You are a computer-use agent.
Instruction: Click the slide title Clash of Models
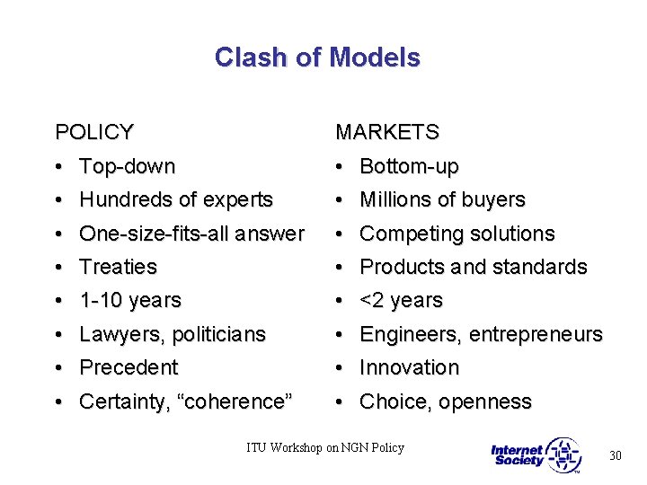tap(317, 57)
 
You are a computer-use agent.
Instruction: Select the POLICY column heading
tap(94, 133)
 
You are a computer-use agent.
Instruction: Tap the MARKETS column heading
tap(387, 133)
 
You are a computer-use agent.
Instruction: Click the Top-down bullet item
tap(127, 166)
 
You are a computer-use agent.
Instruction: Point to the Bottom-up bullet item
tap(409, 166)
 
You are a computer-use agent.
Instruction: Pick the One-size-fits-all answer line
tap(191, 234)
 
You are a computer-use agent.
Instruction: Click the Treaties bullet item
tap(118, 267)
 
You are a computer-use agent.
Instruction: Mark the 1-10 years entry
tap(130, 300)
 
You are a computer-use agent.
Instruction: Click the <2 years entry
tap(401, 300)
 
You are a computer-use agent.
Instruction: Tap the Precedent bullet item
tap(129, 367)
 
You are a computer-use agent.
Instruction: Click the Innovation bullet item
tap(409, 367)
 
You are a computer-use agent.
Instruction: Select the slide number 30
tap(616, 456)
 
